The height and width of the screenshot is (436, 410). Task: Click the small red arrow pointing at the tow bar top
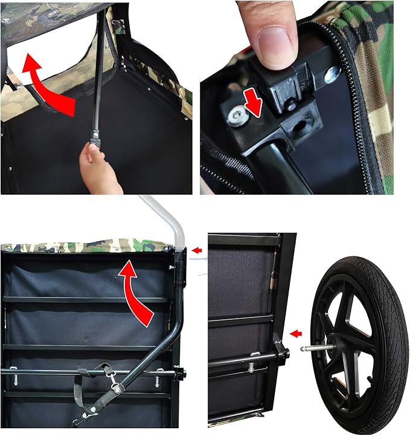pyautogui.click(x=196, y=249)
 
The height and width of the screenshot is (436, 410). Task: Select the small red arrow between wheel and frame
pyautogui.click(x=295, y=333)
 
